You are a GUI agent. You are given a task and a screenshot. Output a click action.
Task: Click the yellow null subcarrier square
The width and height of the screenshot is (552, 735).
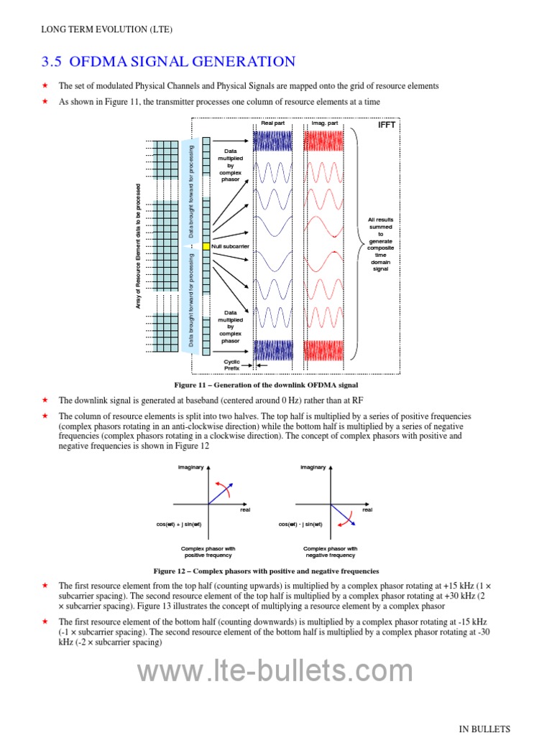click(206, 246)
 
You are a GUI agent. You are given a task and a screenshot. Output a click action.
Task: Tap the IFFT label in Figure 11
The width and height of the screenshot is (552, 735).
click(387, 125)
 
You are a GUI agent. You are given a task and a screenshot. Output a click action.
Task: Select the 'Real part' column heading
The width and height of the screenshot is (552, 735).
click(273, 123)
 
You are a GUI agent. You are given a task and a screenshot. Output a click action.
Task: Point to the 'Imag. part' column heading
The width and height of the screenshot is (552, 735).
click(325, 123)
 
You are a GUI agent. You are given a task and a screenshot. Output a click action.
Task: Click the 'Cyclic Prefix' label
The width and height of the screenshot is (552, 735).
click(231, 365)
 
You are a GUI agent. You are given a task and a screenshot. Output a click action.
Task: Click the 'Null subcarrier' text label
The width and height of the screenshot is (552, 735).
click(231, 246)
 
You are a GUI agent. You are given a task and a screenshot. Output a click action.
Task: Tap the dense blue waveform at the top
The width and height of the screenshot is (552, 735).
click(273, 140)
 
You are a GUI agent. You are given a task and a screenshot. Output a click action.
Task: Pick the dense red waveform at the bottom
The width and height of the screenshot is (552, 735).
click(325, 350)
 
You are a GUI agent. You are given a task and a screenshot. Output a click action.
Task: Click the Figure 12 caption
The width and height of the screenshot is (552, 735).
click(266, 571)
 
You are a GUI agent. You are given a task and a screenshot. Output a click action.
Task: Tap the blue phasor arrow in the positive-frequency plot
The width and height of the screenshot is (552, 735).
click(218, 493)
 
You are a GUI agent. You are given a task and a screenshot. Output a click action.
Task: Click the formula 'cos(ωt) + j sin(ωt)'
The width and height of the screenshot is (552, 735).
click(179, 524)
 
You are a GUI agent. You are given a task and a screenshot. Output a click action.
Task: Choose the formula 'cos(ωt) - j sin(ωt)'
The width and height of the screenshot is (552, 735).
click(300, 524)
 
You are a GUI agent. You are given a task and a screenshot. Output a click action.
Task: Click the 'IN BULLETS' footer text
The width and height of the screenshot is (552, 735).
click(485, 729)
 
